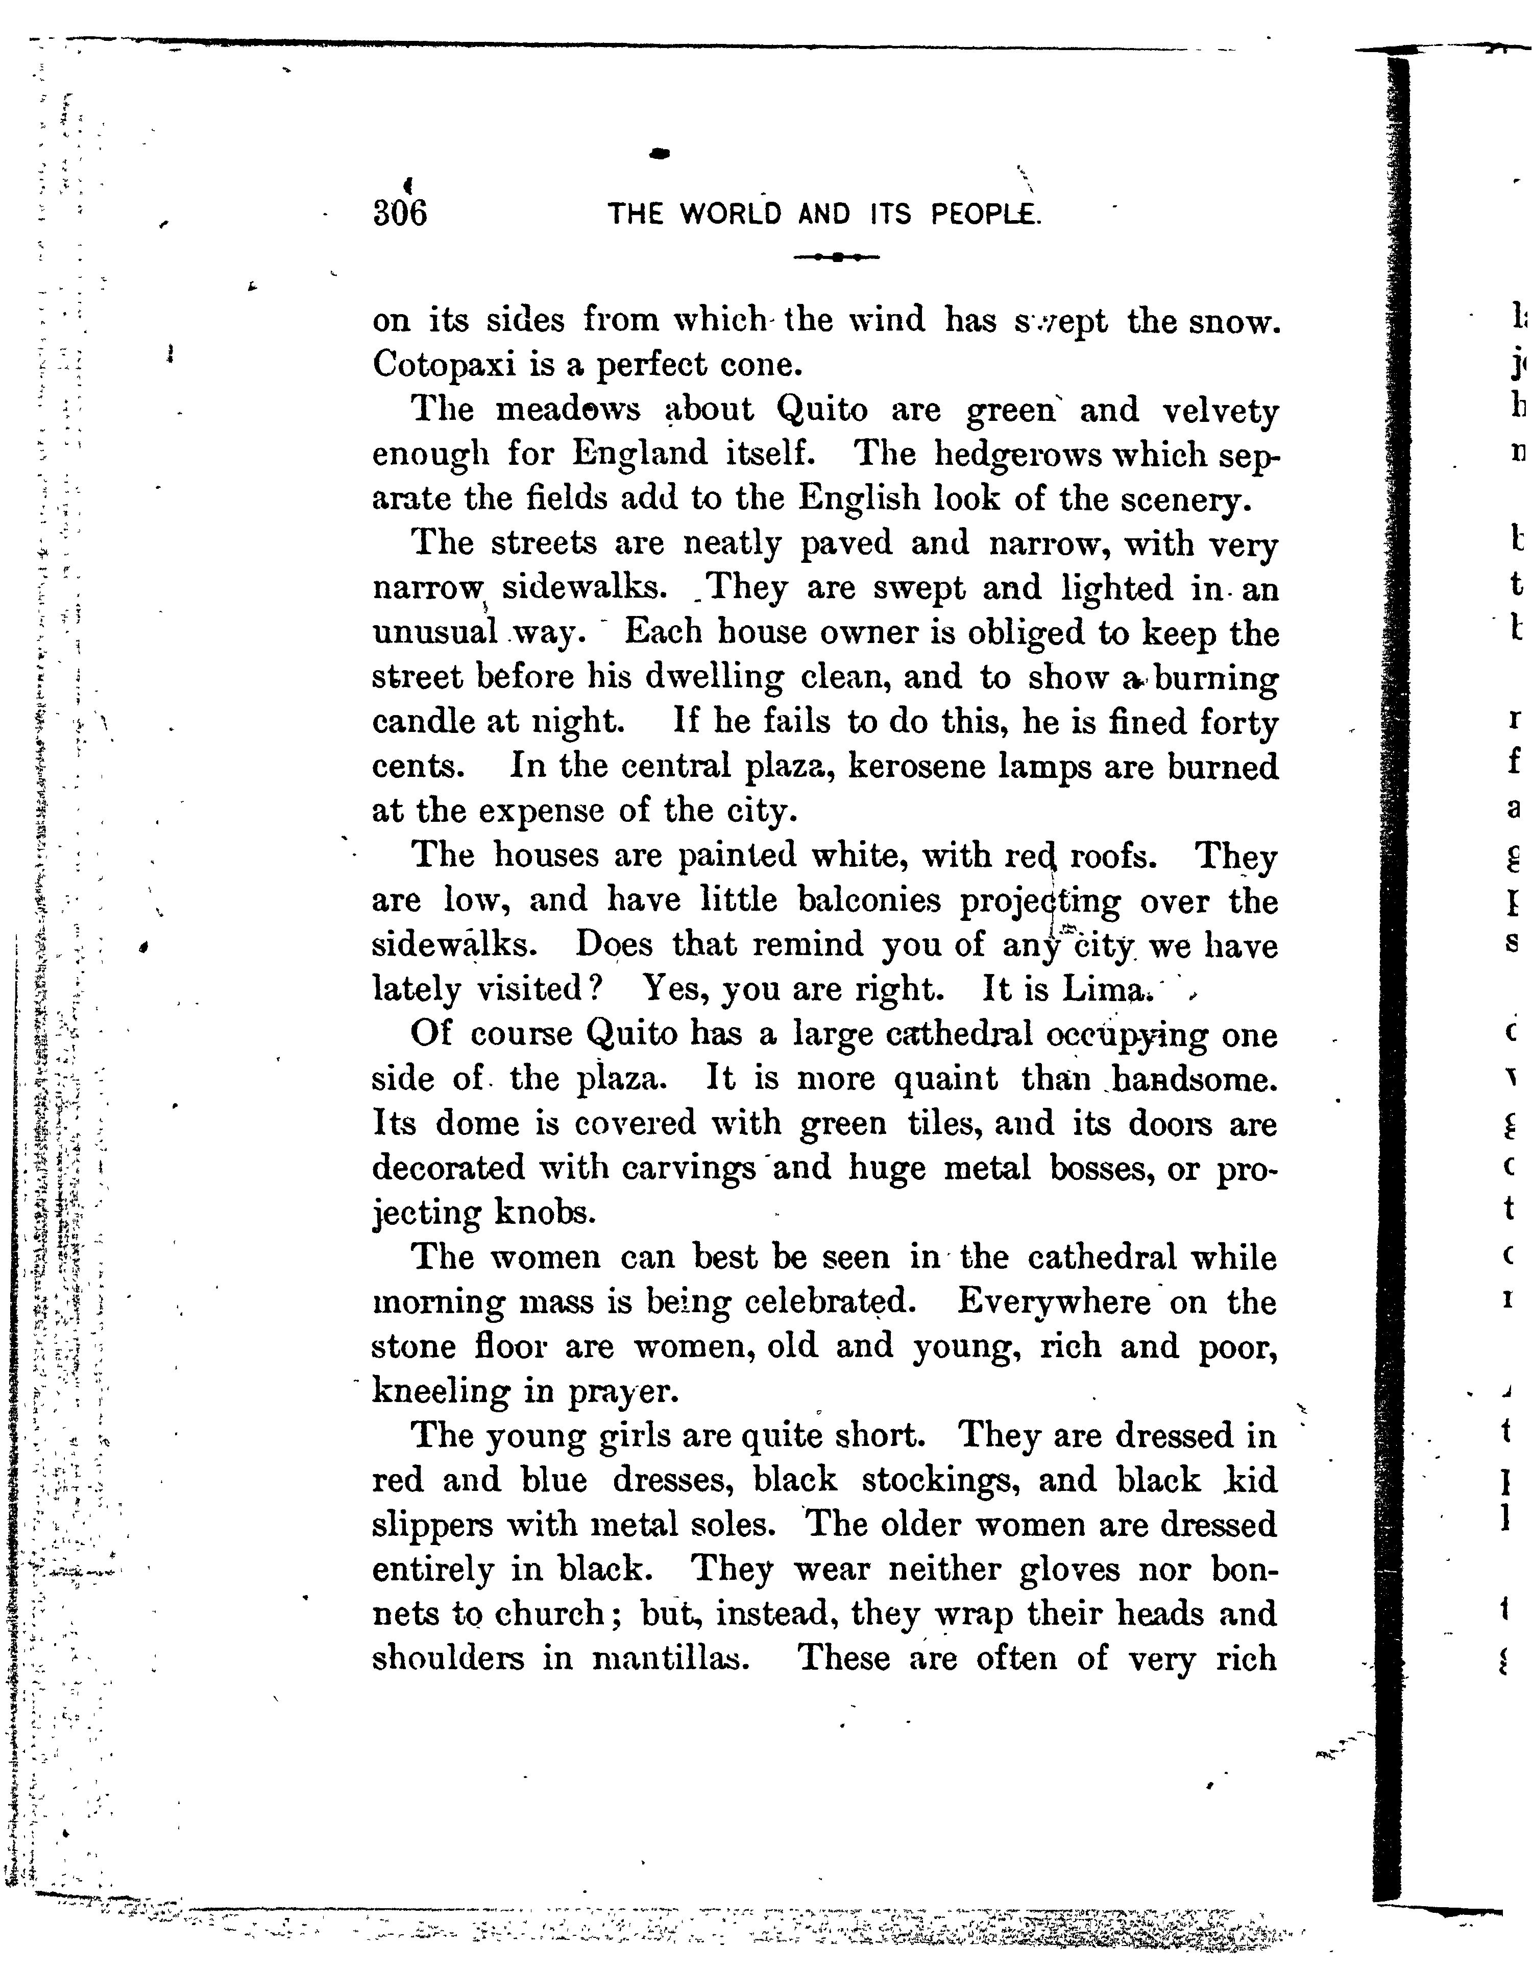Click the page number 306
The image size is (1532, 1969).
399,215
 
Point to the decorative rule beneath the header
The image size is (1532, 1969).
836,257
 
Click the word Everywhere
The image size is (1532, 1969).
1054,1302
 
